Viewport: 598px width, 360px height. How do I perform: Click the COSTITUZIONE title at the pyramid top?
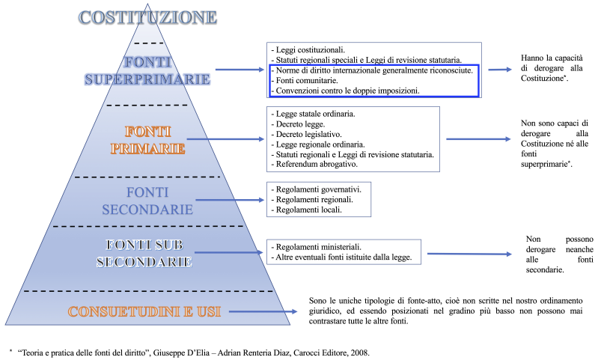coord(150,16)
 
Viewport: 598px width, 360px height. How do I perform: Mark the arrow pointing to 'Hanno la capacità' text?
coord(499,69)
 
